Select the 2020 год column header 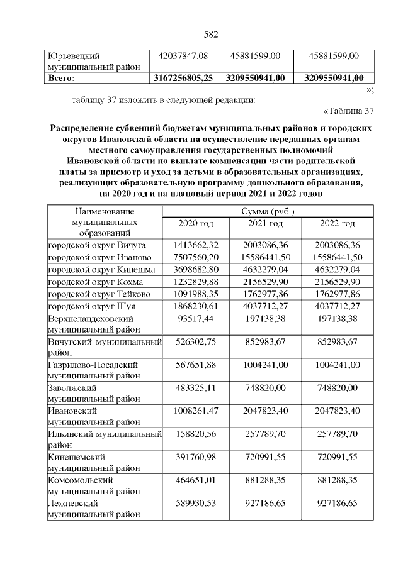click(x=196, y=224)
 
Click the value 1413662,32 click(x=196, y=245)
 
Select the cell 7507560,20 click(x=196, y=257)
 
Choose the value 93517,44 click(x=196, y=319)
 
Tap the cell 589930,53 click(x=196, y=503)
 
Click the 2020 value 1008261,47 click(x=196, y=410)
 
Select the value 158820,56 click(x=196, y=433)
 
